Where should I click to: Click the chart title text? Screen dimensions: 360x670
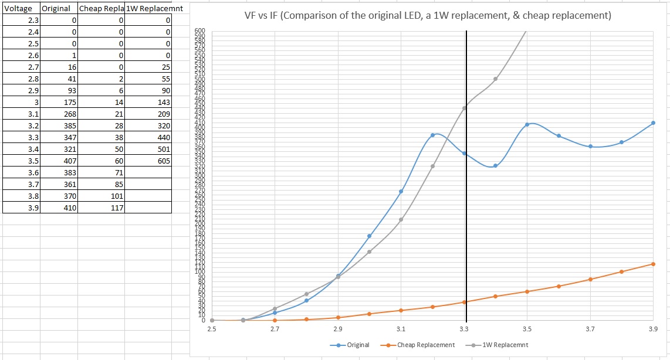[x=428, y=16]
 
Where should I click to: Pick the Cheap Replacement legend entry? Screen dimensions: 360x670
[x=425, y=345]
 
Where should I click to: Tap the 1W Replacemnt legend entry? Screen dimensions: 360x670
[x=505, y=345]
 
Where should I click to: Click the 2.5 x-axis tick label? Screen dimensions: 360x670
[x=212, y=330]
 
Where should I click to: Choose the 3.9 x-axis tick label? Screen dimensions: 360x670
[x=652, y=330]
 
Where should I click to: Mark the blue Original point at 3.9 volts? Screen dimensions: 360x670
[x=653, y=123]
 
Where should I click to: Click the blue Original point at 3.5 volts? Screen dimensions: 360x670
[x=527, y=124]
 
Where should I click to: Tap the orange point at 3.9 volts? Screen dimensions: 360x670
[x=653, y=264]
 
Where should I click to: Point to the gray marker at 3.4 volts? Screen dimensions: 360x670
[x=495, y=79]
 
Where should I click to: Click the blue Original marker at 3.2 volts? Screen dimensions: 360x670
[x=432, y=135]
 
